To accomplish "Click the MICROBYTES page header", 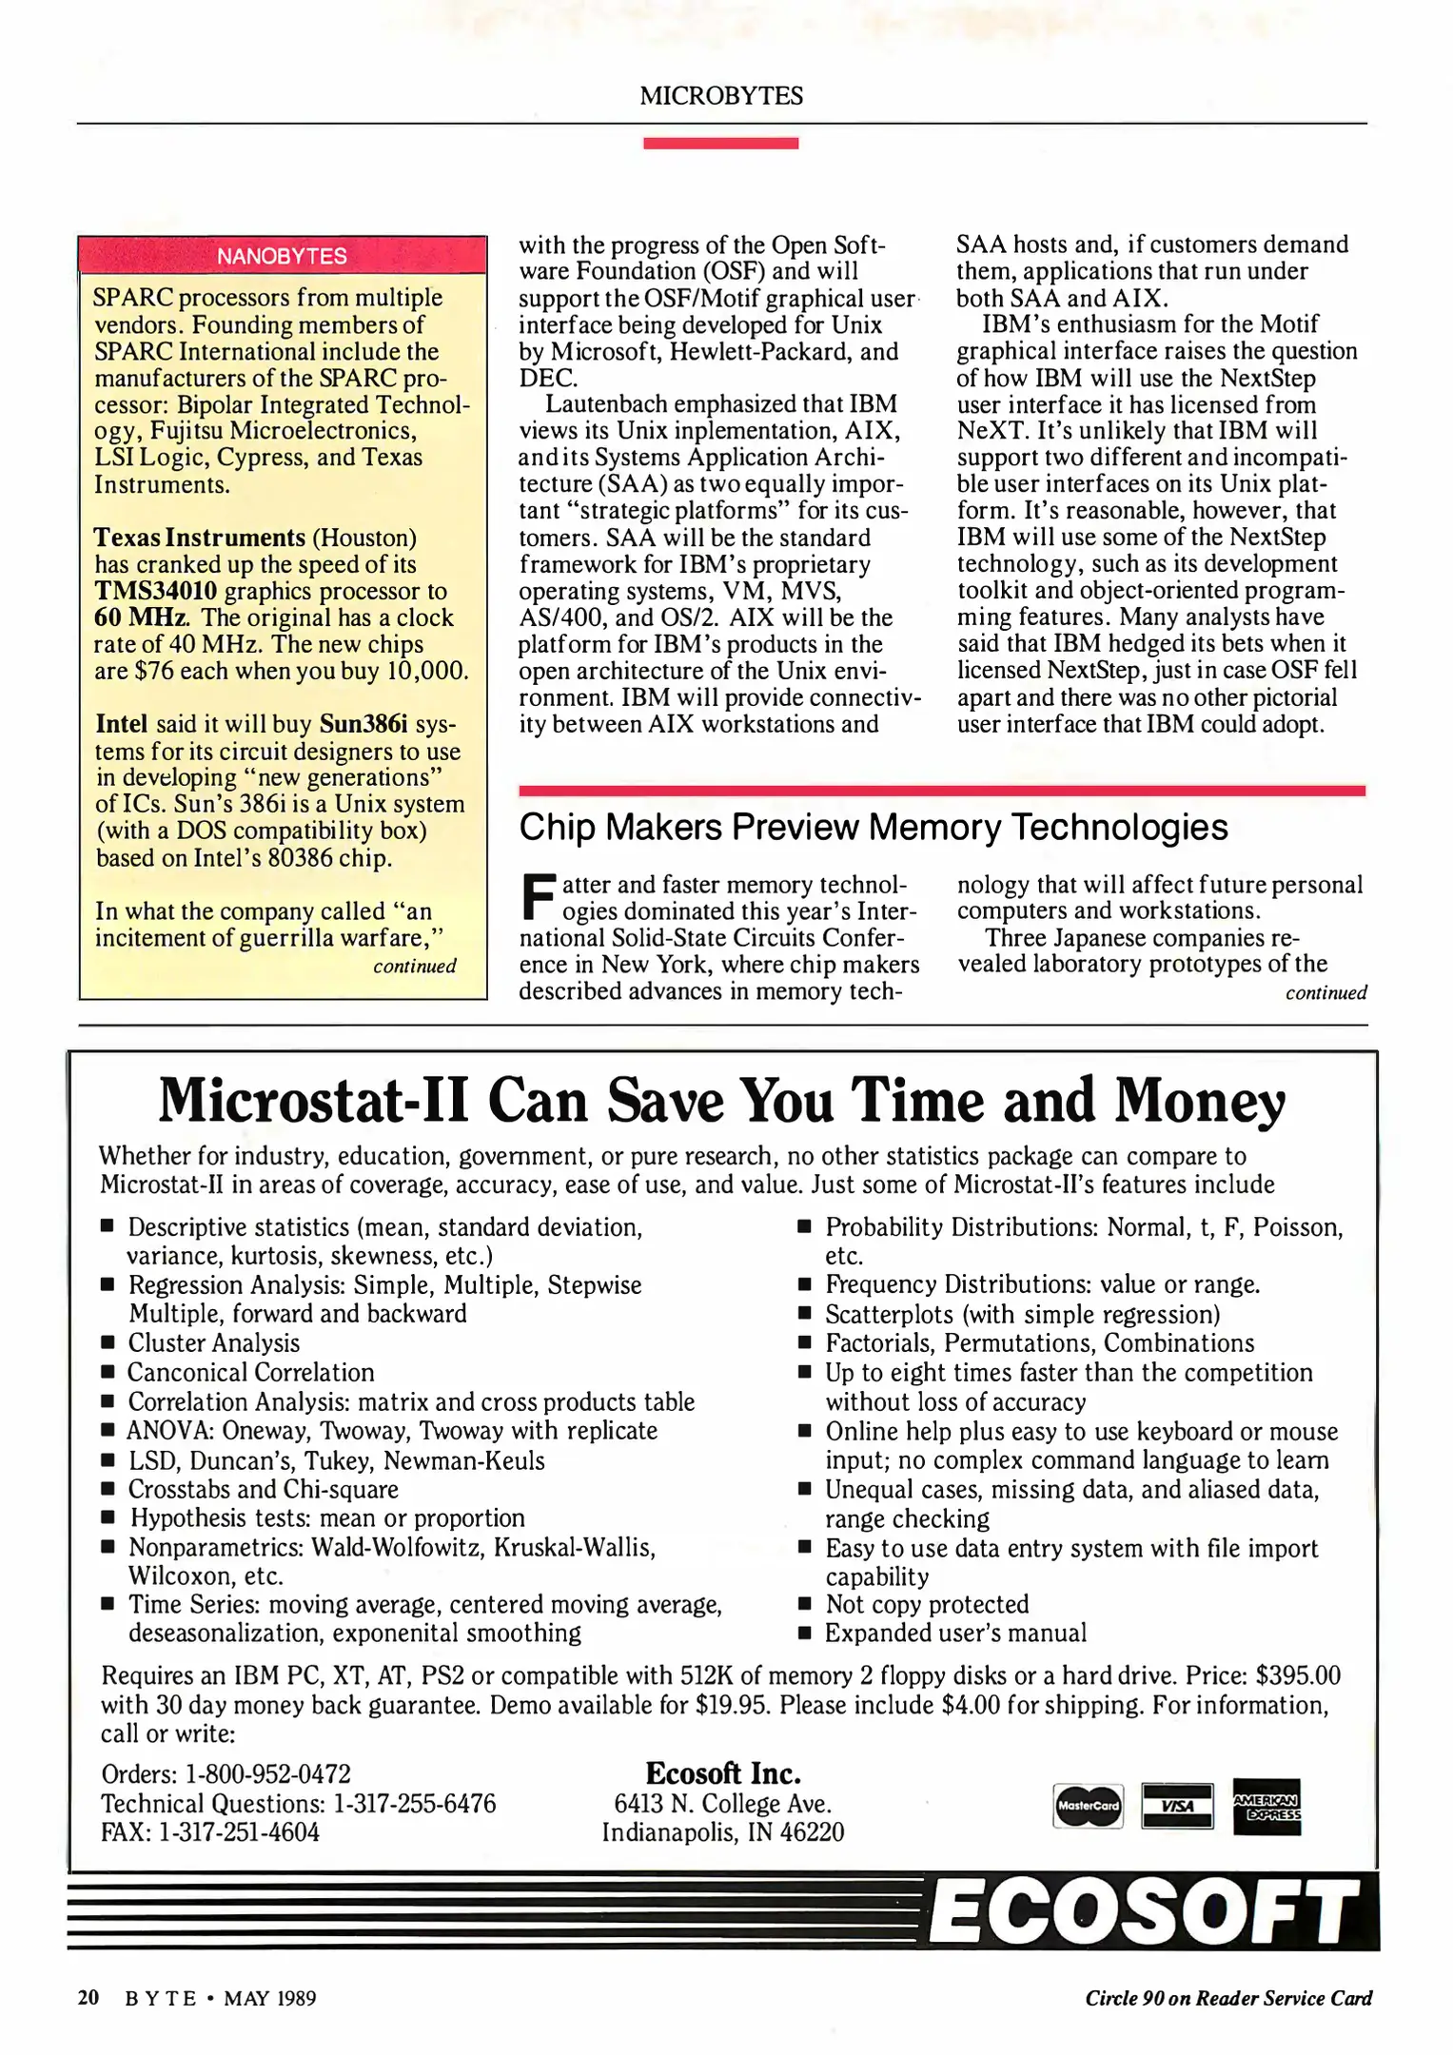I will click(x=721, y=96).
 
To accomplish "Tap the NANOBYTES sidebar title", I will click(x=282, y=256).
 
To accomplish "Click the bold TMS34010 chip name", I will click(x=155, y=591).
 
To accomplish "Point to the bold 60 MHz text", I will click(x=141, y=617).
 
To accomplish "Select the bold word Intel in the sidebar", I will click(x=122, y=724).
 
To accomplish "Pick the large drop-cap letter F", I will click(x=538, y=896).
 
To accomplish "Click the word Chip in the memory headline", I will click(x=556, y=828).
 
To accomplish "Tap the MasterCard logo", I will click(x=1089, y=1806).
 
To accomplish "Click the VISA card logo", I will click(x=1177, y=1806).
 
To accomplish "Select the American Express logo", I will click(x=1266, y=1806).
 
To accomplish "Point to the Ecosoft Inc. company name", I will click(x=723, y=1773).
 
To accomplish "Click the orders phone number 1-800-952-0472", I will click(x=267, y=1774).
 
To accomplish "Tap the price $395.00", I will click(x=1298, y=1675).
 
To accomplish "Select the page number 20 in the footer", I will click(x=88, y=1998).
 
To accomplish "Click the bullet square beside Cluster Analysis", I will click(x=108, y=1343).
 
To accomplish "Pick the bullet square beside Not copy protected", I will click(x=805, y=1605).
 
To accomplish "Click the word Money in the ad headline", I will click(x=1200, y=1102).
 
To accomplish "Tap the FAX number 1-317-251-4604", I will click(x=238, y=1832).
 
